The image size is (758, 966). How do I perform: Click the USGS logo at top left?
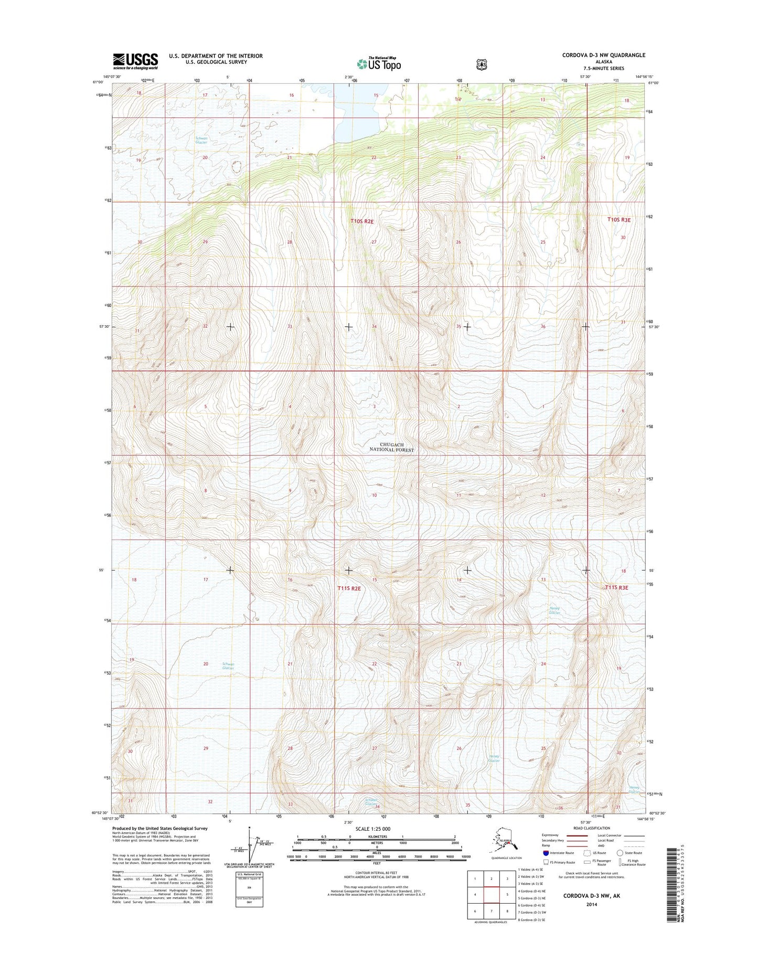click(135, 61)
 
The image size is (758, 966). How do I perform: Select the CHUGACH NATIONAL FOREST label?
click(391, 447)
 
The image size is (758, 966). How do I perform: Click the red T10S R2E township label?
click(362, 221)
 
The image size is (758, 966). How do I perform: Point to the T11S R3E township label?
click(616, 588)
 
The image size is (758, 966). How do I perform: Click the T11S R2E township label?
click(349, 588)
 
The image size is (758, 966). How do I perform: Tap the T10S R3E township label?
click(618, 220)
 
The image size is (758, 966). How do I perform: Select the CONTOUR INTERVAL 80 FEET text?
click(377, 872)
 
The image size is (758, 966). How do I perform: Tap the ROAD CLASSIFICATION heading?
click(591, 828)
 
